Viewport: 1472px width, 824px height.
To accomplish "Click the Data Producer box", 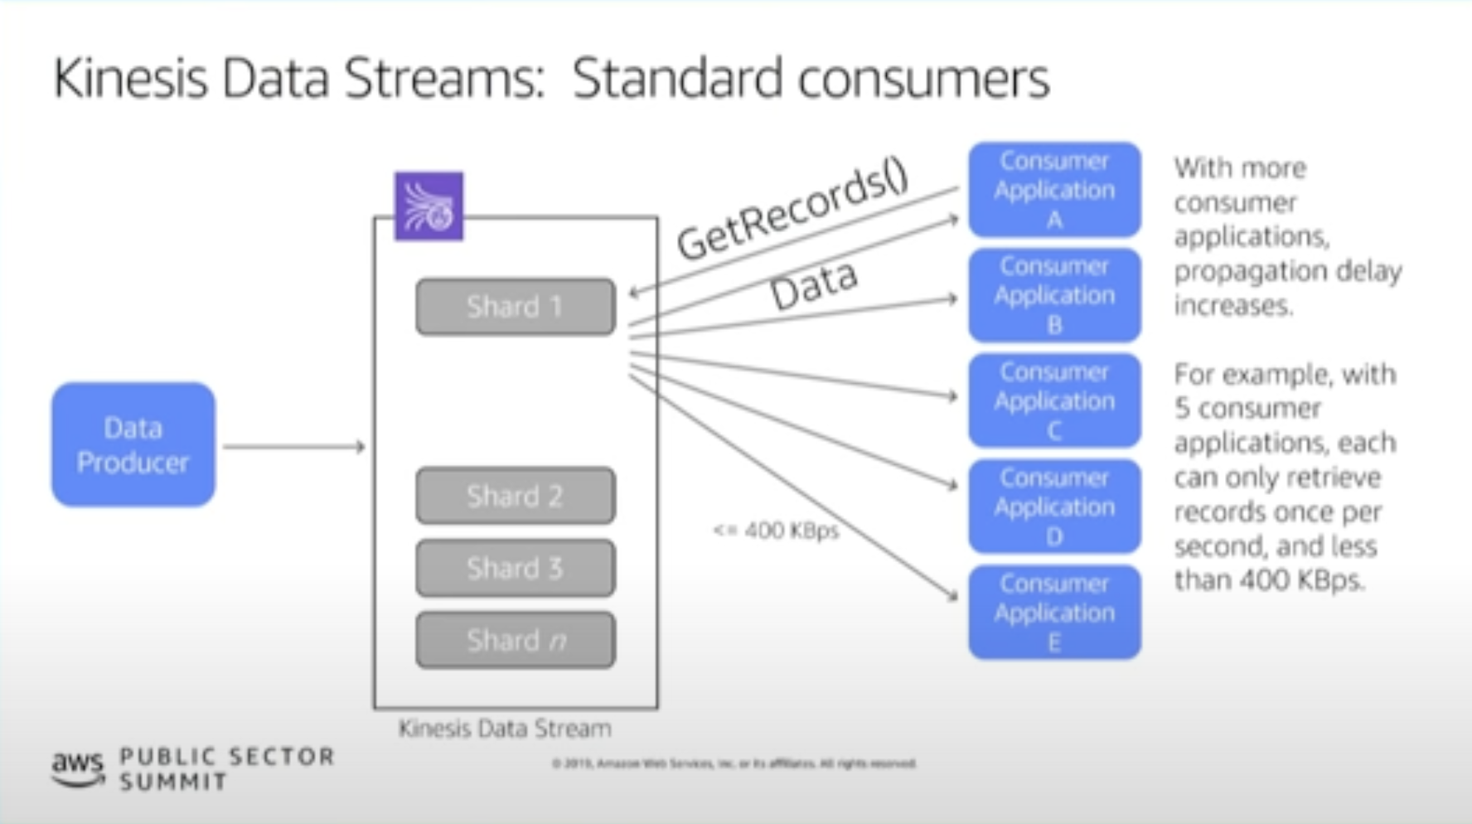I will (x=133, y=444).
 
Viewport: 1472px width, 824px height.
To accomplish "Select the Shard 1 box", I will (x=515, y=307).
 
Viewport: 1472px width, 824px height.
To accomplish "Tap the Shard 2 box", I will (x=515, y=496).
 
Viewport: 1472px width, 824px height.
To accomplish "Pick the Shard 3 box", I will (x=515, y=568).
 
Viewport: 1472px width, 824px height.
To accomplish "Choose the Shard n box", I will (x=515, y=640).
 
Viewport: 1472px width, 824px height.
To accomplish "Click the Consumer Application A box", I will (x=1053, y=190).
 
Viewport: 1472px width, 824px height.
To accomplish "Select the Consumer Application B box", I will (x=1053, y=295).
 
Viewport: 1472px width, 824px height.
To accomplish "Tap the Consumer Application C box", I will (x=1053, y=400).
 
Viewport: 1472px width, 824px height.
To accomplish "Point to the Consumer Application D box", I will (x=1053, y=507).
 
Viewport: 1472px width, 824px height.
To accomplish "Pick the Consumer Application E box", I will (x=1053, y=613).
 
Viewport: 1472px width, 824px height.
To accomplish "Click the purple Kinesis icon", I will (x=429, y=206).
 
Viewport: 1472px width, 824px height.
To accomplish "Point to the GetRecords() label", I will (x=792, y=211).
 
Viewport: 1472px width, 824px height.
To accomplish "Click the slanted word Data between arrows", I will (x=813, y=285).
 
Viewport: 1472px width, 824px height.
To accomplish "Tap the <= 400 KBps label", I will (x=776, y=531).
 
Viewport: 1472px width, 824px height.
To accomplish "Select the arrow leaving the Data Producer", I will (x=293, y=447).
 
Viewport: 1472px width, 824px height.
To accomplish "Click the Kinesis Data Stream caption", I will (x=505, y=729).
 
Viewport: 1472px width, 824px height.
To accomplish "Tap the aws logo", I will (x=78, y=767).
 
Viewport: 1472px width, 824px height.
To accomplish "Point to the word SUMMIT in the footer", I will (x=173, y=782).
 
